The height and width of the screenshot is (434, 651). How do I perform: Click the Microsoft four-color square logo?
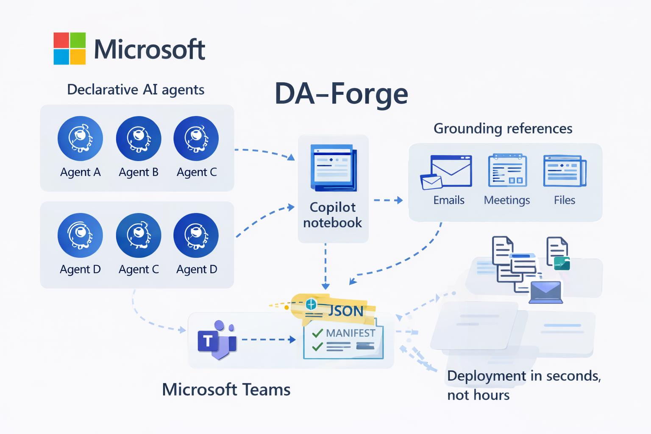coord(70,48)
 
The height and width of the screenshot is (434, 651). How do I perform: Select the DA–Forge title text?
coord(341,94)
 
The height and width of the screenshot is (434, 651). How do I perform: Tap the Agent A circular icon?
coord(80,139)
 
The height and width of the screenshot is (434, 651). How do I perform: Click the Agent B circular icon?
coord(139,139)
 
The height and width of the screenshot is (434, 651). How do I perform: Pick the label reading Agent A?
coord(80,172)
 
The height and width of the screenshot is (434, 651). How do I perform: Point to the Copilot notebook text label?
coord(333,215)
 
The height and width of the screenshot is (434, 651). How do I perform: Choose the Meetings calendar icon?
coord(507,170)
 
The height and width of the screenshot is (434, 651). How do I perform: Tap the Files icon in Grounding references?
coord(565,171)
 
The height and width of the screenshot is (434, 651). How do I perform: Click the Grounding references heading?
coord(503,128)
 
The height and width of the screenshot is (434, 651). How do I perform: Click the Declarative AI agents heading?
coord(136,90)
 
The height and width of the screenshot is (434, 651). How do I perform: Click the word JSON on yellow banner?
coord(346,311)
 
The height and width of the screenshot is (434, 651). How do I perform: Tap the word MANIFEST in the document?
coord(351,333)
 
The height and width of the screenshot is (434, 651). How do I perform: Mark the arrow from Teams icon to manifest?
coord(268,339)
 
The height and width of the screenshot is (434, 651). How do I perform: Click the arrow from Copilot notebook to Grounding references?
coord(388,200)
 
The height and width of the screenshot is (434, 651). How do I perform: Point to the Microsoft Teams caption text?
coord(226,389)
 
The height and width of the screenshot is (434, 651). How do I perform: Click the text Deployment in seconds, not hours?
coord(523,385)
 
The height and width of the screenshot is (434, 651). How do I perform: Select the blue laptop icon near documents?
coord(545,292)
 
